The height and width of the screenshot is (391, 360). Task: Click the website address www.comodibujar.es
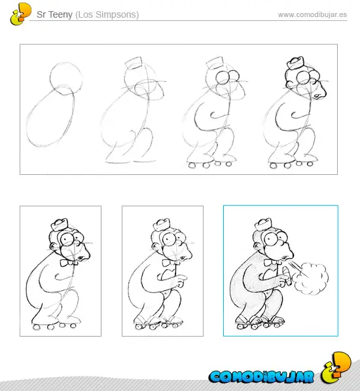click(x=312, y=14)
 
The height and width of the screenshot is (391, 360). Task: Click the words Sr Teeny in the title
click(x=54, y=14)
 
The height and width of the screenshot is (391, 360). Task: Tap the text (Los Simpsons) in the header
click(x=107, y=14)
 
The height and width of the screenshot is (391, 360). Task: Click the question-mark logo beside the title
click(x=20, y=14)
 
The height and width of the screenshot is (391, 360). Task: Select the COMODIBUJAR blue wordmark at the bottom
click(x=261, y=377)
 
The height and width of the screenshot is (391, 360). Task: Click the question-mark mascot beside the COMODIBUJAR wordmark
click(x=336, y=367)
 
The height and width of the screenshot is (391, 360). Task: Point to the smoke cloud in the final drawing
click(x=311, y=278)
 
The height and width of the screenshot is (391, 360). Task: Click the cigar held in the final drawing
click(x=287, y=276)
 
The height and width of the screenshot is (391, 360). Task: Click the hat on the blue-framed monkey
click(x=263, y=224)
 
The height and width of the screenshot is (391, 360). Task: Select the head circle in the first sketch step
click(x=66, y=79)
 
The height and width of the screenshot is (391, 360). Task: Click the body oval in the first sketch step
click(x=50, y=116)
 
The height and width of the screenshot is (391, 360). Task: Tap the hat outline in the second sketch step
click(x=134, y=64)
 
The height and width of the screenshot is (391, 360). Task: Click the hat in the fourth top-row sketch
click(x=295, y=64)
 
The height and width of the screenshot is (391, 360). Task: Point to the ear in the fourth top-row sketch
click(x=289, y=84)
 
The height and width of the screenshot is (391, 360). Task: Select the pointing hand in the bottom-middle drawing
click(x=180, y=281)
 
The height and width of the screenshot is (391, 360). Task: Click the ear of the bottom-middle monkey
click(x=156, y=246)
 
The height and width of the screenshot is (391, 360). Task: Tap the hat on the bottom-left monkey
click(x=60, y=225)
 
